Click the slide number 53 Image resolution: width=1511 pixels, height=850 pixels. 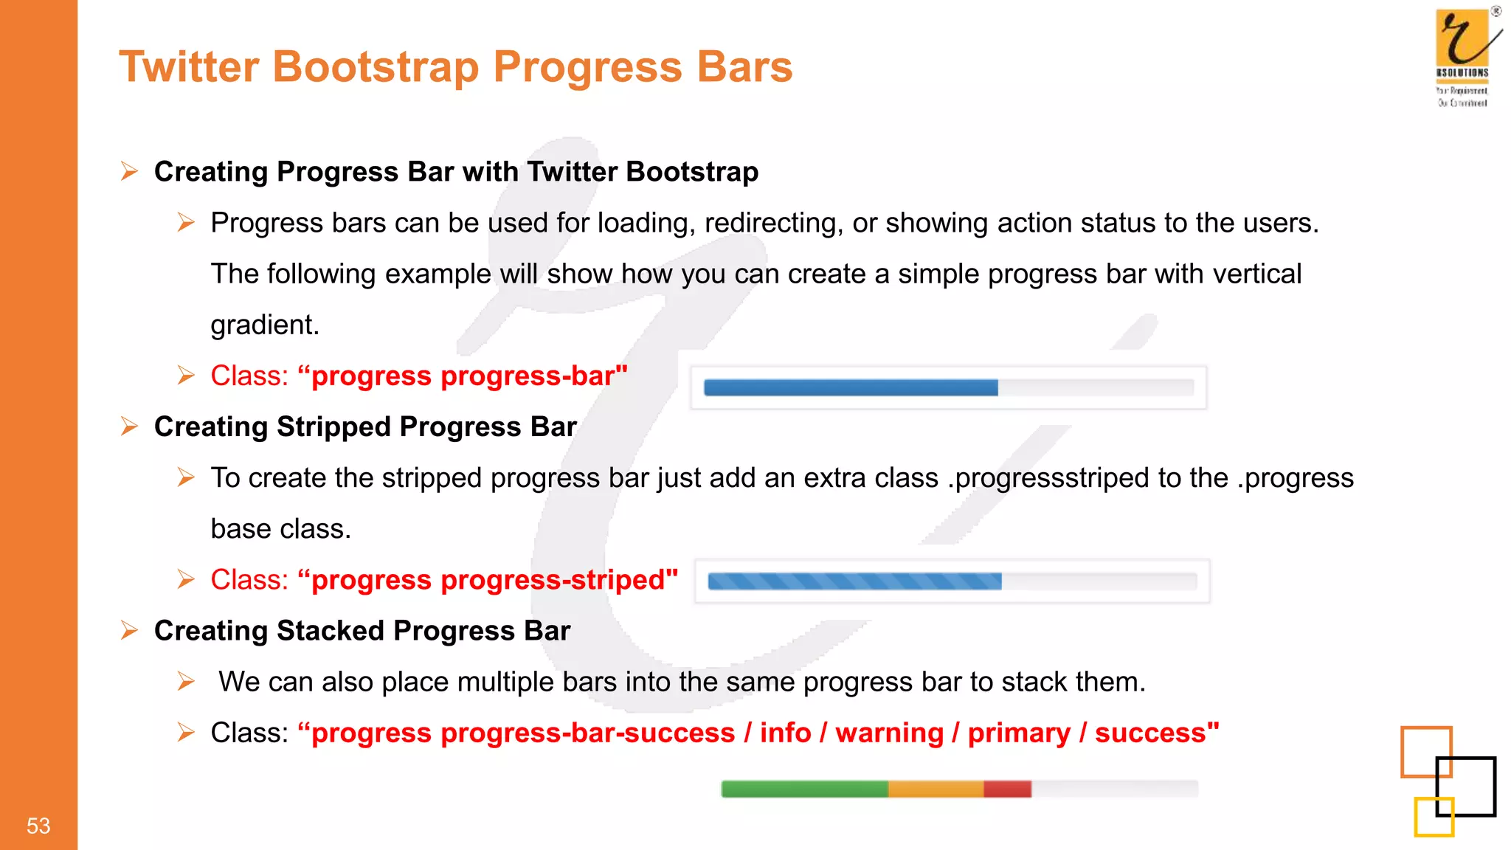pos(38,825)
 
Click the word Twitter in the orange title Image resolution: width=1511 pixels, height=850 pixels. pos(189,66)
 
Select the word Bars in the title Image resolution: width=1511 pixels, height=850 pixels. pos(744,66)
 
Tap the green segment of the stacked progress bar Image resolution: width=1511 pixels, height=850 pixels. pos(803,789)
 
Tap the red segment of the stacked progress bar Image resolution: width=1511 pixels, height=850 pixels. pos(1007,789)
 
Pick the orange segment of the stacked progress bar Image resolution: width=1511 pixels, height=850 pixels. pos(936,789)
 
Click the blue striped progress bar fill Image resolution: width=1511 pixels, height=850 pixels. pos(854,581)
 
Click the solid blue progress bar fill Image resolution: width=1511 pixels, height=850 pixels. pos(850,387)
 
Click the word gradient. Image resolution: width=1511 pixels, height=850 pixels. pos(264,325)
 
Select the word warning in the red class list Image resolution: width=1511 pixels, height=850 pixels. pos(889,733)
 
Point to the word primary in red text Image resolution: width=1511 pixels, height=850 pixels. pos(1018,733)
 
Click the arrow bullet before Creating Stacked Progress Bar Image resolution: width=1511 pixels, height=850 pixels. pos(129,631)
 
